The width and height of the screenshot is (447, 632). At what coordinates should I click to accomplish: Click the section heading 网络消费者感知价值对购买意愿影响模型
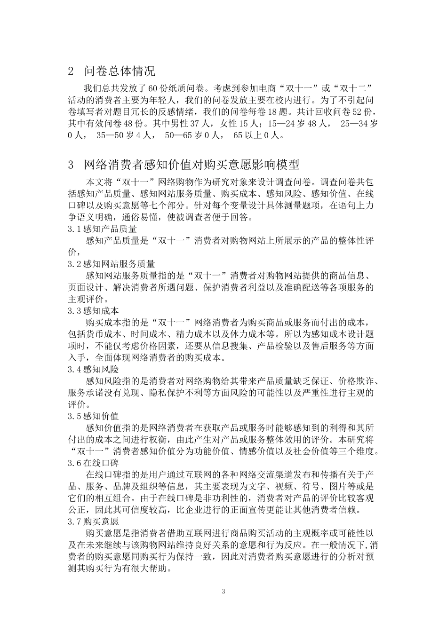coord(192,165)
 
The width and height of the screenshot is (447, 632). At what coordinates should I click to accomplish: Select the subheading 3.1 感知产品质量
coord(102,229)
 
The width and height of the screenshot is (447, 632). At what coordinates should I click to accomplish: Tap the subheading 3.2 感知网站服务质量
coord(111,264)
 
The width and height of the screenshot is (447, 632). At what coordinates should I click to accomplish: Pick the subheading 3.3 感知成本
coord(93,310)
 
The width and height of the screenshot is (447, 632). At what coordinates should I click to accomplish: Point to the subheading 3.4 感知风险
coord(93,369)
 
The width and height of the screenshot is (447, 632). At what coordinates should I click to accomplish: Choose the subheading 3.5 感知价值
coord(93,416)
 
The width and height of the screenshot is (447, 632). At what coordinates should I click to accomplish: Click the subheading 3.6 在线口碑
coord(93,463)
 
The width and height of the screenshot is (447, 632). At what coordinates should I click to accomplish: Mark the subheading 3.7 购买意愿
coord(93,521)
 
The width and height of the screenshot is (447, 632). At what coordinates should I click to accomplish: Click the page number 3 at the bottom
coord(223,591)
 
